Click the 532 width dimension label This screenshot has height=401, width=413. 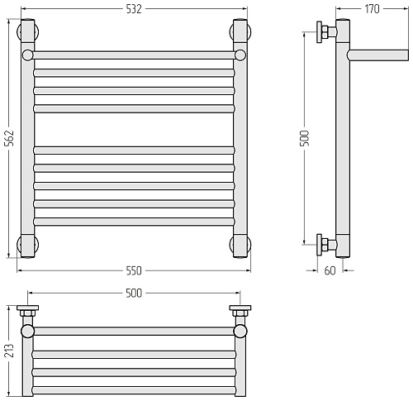(134, 9)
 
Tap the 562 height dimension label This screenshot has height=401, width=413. (9, 138)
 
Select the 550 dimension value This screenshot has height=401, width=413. (134, 271)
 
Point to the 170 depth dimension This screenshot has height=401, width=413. (372, 9)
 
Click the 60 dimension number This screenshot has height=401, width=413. (330, 271)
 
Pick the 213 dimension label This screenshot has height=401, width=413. (9, 351)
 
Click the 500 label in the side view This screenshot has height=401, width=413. (305, 138)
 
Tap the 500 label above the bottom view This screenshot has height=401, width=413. (134, 294)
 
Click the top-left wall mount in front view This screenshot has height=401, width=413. (28, 31)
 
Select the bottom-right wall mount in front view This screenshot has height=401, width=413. (240, 246)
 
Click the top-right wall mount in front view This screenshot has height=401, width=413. (240, 31)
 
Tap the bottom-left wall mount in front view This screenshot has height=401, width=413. (28, 246)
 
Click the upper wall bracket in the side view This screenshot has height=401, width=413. (326, 32)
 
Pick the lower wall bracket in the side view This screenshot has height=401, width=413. (326, 245)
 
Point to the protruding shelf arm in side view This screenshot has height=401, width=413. (377, 55)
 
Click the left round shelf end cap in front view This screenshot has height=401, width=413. (27, 55)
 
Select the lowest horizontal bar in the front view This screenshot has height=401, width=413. (134, 222)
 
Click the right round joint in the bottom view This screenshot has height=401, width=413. (240, 332)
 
